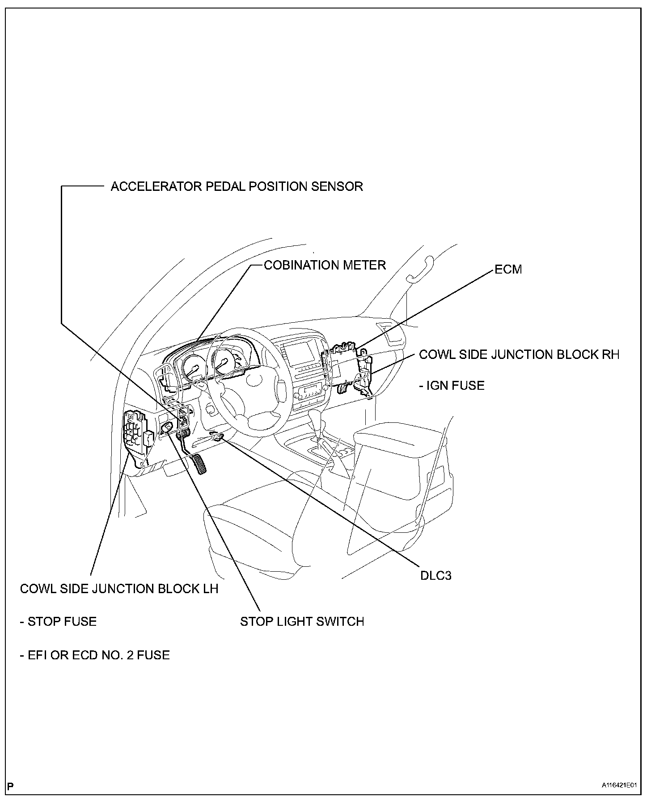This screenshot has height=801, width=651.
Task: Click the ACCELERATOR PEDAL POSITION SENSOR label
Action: point(237,186)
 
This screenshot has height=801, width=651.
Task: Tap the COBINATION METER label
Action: point(325,265)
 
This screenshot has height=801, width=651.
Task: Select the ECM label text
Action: point(508,270)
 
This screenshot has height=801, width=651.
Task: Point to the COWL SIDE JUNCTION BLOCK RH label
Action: point(519,354)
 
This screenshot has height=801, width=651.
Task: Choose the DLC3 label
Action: point(435,575)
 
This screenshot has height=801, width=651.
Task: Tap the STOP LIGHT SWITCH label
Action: point(302,621)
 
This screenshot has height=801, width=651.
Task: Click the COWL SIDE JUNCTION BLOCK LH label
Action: point(119,589)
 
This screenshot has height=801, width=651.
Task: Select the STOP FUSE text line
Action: point(58,621)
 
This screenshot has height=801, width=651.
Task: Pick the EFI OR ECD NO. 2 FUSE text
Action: point(95,655)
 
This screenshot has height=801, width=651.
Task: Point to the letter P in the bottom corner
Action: point(11,785)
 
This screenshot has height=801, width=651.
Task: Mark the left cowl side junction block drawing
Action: point(136,433)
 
